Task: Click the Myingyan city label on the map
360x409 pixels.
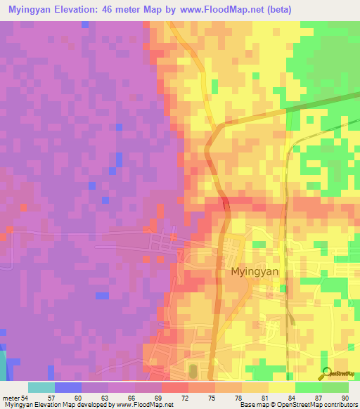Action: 254,271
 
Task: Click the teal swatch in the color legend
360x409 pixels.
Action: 41,387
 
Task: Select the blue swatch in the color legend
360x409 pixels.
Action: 68,387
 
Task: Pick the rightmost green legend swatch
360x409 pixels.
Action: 335,387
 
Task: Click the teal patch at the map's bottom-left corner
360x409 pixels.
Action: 3,363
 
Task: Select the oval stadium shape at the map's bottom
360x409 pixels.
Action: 193,371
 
